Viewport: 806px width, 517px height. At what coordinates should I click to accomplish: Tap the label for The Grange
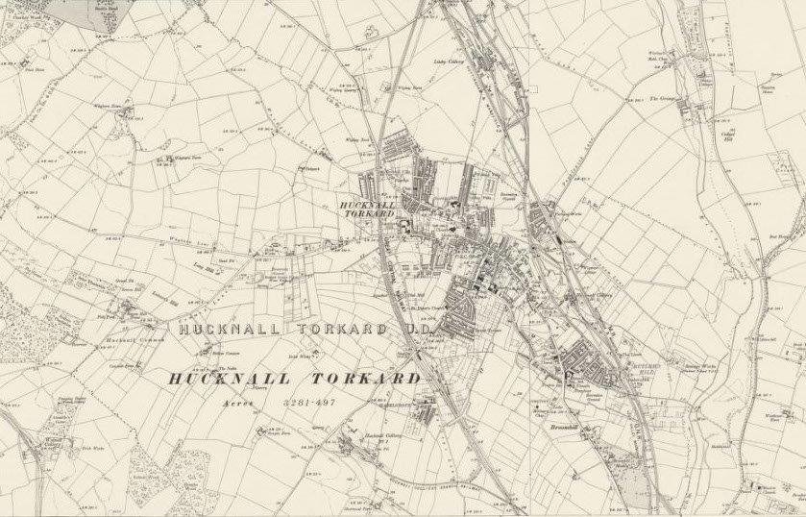click(x=664, y=99)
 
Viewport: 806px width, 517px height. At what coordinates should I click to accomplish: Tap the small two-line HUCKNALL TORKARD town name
click(x=369, y=209)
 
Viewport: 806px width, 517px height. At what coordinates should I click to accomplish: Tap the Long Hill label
click(x=204, y=270)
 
